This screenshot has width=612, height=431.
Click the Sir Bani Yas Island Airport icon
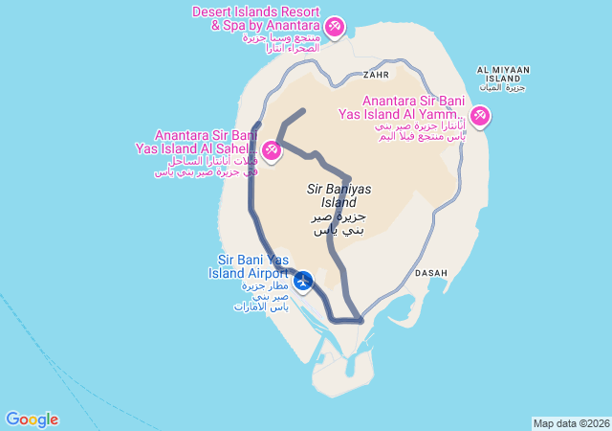(303, 281)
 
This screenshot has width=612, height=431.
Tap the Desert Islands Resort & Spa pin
(335, 26)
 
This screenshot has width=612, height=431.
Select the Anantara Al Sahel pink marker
(272, 151)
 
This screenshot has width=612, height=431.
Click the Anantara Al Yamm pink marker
(479, 117)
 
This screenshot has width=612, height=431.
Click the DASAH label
(431, 273)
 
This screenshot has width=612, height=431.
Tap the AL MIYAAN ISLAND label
(503, 74)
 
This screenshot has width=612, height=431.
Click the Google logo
(32, 420)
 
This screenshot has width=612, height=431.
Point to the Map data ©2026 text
(571, 423)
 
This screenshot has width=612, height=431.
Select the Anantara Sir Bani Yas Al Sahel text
(206, 142)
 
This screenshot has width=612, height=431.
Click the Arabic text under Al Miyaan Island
(503, 88)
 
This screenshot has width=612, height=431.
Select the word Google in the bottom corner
(32, 420)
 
